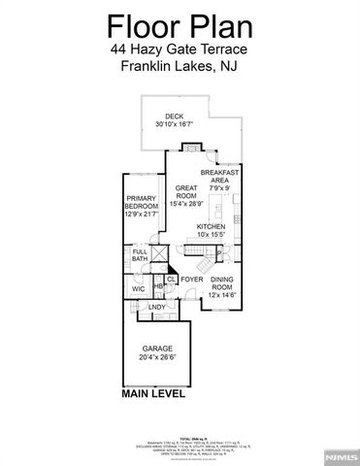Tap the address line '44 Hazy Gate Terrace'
click(180, 49)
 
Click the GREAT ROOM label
click(185, 191)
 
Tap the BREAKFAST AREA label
click(220, 175)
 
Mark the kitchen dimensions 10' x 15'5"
click(213, 234)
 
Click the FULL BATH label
click(140, 257)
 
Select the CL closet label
click(170, 280)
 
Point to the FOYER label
click(192, 280)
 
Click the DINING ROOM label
click(222, 283)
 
